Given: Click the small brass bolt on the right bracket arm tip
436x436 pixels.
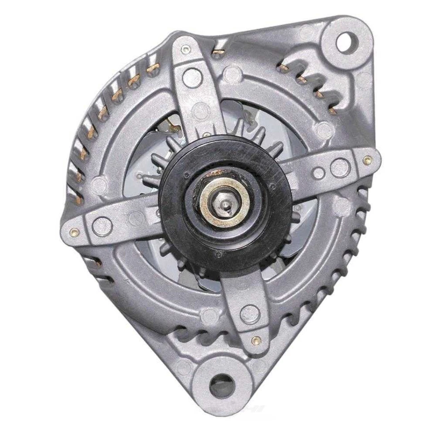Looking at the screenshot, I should pyautogui.click(x=367, y=160).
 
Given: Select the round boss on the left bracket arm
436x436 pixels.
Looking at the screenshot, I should pyautogui.click(x=102, y=226).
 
